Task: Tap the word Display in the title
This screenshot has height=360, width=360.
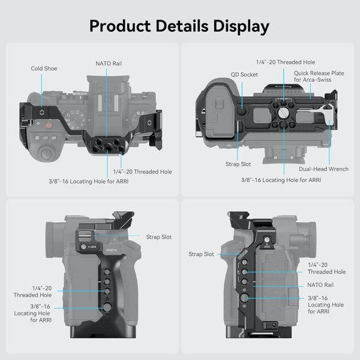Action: coord(238,26)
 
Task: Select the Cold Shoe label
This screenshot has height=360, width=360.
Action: coord(44,68)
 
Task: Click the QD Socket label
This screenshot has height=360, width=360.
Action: coord(244,75)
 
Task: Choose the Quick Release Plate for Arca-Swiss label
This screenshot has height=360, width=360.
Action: coord(319,77)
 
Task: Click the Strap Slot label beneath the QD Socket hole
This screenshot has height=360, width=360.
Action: coord(238,164)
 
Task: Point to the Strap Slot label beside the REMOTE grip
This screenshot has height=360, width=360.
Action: coord(158,237)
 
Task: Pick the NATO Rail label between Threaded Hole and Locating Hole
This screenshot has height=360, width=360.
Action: coord(320,285)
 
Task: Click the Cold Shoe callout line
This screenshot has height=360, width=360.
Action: coord(41,90)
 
